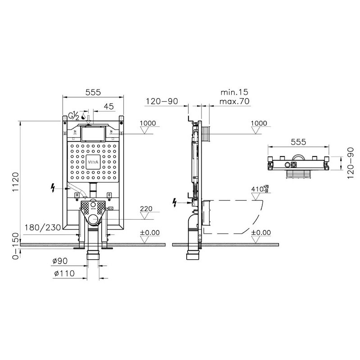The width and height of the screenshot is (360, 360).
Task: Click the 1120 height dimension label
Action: tap(16, 182)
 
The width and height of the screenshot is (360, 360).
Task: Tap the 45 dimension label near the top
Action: tap(109, 106)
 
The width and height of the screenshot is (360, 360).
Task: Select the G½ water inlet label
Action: tap(74, 116)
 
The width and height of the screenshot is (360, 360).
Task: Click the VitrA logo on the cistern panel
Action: tap(93, 162)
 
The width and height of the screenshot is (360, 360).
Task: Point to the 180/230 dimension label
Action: tap(43, 228)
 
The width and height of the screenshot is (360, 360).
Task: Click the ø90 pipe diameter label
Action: tap(60, 261)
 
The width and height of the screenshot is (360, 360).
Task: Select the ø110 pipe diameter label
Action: tap(64, 274)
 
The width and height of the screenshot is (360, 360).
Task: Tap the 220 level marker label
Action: tap(146, 209)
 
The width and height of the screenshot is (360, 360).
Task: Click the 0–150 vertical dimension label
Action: tap(16, 246)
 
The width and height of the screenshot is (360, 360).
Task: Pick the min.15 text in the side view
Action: tap(234, 92)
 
